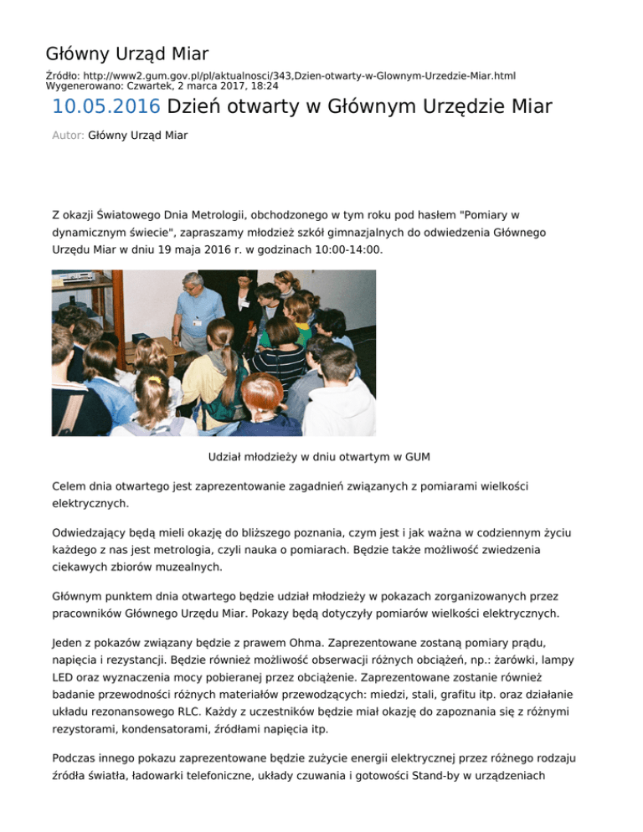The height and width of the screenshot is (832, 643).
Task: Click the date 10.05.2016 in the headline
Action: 105,107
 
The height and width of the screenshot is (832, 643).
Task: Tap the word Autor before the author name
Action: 67,135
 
